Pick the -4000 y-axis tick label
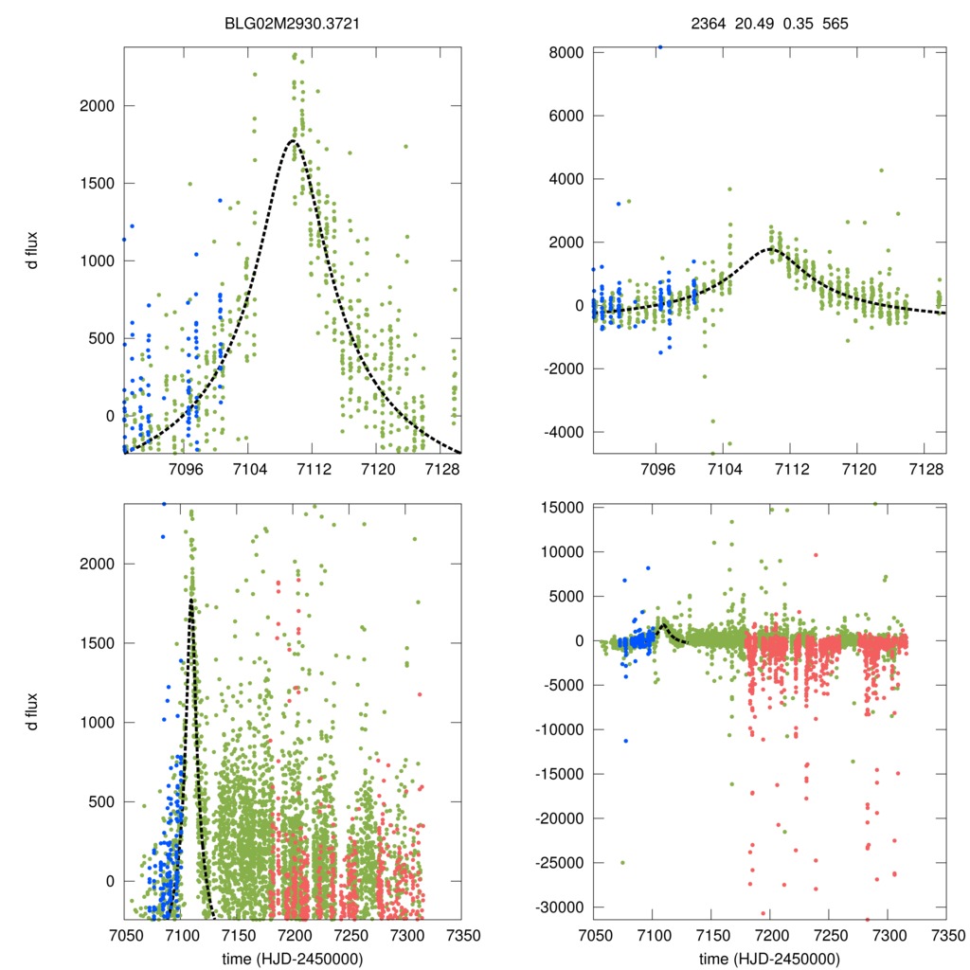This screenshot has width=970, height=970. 564,432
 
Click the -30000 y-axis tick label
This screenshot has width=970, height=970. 560,907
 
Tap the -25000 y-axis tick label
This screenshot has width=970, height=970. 560,863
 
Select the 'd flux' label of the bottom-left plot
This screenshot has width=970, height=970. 33,711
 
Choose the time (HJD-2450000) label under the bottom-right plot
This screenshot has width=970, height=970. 769,959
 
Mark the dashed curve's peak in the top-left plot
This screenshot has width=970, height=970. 294,141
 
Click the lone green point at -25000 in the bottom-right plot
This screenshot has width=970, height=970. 622,862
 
